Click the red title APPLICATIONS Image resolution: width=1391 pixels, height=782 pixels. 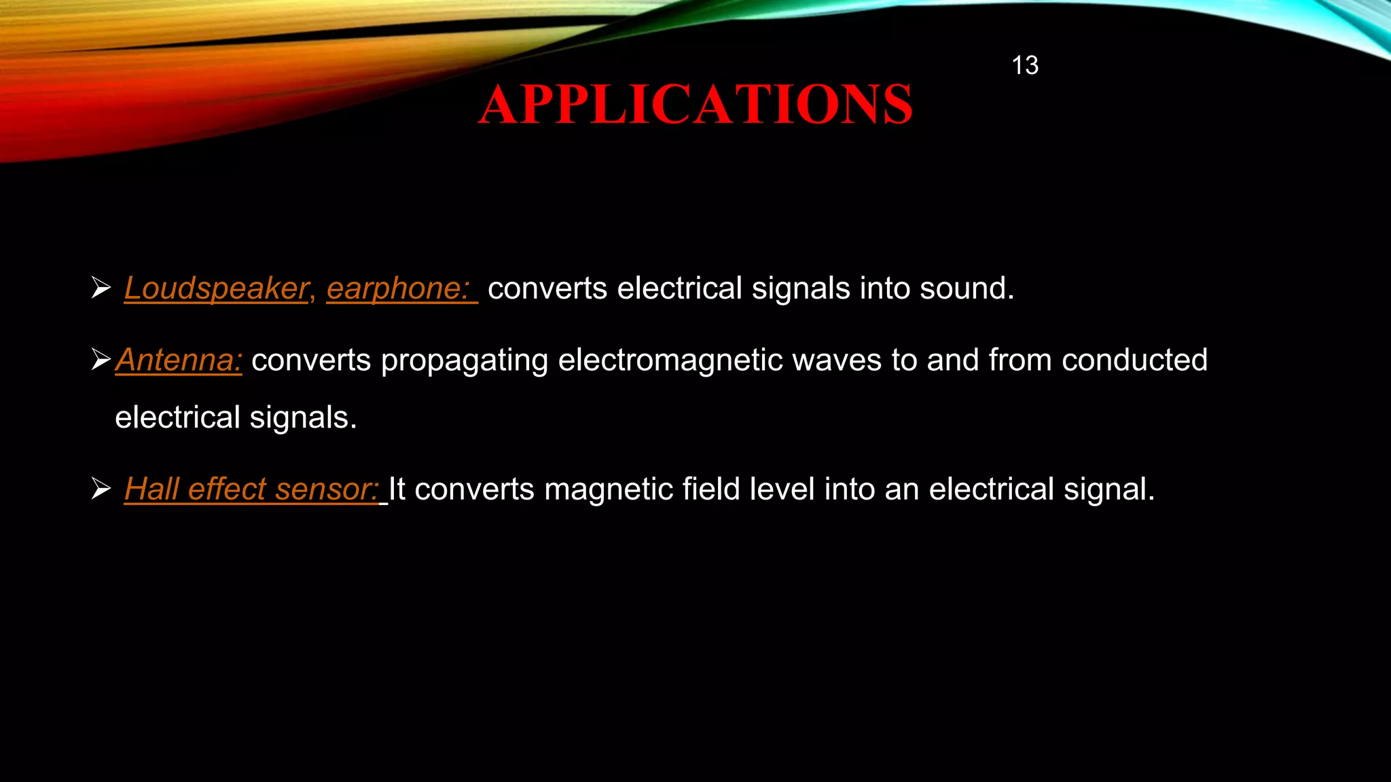[x=695, y=105]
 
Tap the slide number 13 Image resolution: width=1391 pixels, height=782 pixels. [x=1024, y=66]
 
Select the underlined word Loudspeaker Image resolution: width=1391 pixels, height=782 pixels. [x=216, y=288]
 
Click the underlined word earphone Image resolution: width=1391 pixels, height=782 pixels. [x=398, y=288]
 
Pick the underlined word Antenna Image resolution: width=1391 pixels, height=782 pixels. [x=179, y=360]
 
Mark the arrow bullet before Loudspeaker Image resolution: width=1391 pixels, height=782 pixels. [x=101, y=288]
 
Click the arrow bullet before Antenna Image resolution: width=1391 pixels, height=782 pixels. [x=101, y=359]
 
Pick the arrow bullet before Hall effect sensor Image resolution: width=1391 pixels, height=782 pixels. [x=101, y=489]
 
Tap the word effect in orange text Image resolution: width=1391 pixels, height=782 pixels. [x=227, y=489]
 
